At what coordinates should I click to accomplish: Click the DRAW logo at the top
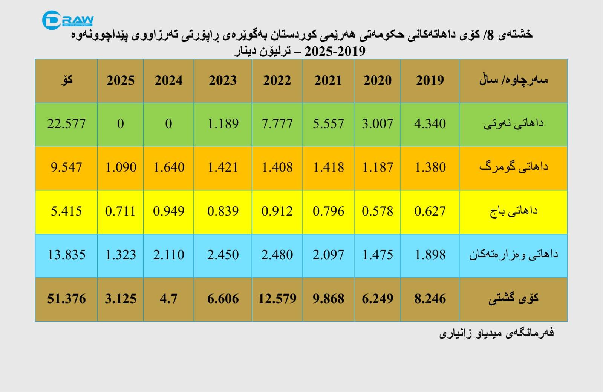pos(68,20)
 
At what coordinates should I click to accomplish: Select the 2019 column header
pos(430,81)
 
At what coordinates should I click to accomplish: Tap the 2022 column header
pos(277,81)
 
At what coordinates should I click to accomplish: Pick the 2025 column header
pos(120,81)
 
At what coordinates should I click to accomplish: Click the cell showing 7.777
pos(277,124)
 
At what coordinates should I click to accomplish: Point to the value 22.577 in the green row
pos(66,124)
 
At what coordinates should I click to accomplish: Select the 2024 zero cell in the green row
pos(168,124)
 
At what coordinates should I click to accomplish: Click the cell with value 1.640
pos(169,167)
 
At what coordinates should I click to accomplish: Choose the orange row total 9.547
pos(66,167)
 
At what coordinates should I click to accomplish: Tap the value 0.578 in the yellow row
pos(377,211)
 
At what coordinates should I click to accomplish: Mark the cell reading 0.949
pos(169,211)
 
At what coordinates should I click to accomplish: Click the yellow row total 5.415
pos(66,211)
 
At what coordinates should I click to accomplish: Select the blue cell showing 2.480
pos(277,254)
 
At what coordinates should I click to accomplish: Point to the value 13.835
pos(66,254)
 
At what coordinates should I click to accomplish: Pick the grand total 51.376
pos(66,298)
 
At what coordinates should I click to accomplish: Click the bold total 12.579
pos(277,298)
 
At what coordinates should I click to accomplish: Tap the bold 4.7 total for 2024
pos(168,298)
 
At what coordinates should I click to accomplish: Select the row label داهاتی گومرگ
pos(514,167)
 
